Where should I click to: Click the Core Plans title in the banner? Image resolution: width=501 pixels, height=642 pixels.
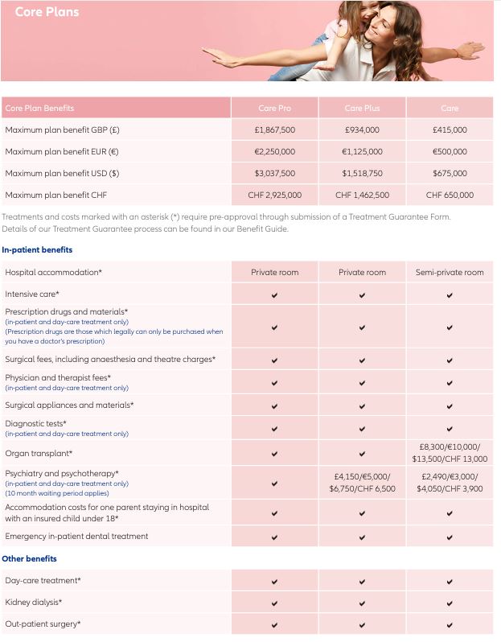(x=47, y=12)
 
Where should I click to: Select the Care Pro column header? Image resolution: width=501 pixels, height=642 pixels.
(x=274, y=109)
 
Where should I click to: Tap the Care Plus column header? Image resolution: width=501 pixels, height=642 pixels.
(x=362, y=109)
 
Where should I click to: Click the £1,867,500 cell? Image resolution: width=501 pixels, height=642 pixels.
(x=274, y=130)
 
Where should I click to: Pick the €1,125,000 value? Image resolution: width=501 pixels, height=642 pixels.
(x=362, y=151)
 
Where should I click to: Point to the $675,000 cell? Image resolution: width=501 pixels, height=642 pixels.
(x=450, y=173)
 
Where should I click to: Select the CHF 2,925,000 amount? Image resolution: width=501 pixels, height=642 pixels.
(x=274, y=195)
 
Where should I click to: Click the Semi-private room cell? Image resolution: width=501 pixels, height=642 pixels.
(x=450, y=272)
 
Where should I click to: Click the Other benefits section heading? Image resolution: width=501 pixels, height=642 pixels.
(x=29, y=558)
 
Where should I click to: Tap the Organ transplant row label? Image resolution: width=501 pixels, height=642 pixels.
(x=38, y=454)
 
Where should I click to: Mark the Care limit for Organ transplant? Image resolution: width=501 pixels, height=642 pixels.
(x=450, y=453)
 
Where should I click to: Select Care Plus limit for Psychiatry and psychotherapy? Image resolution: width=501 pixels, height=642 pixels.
(x=362, y=483)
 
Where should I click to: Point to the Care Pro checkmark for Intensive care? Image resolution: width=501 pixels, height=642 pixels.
(x=274, y=294)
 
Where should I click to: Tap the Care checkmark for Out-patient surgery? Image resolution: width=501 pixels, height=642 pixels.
(x=450, y=623)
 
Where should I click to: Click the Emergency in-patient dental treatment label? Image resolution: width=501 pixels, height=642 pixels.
(x=76, y=536)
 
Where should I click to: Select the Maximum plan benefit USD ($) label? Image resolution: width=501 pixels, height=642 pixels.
(x=62, y=173)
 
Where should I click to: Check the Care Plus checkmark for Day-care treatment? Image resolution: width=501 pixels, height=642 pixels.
(x=362, y=580)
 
